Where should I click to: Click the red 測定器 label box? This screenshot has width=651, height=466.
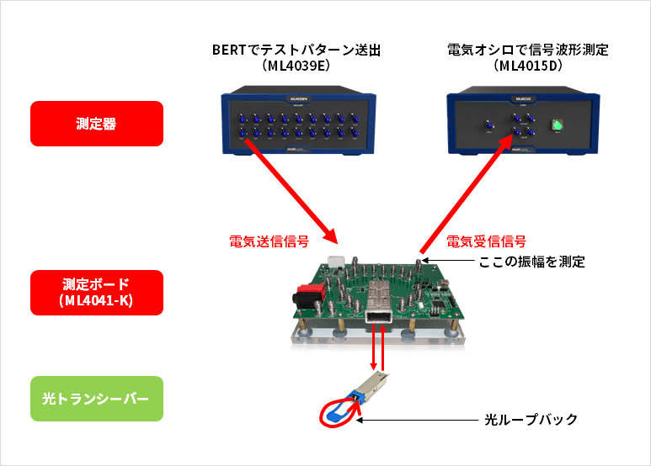coord(96,124)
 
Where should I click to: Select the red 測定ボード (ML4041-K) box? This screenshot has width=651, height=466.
coord(96,292)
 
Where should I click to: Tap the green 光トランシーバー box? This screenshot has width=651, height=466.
coord(96,398)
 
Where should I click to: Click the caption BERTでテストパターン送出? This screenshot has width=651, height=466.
coord(296,50)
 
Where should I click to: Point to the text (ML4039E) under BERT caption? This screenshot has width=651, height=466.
coord(296,66)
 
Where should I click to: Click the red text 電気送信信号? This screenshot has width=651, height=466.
coord(269,241)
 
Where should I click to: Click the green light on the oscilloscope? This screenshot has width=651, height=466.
coord(556,126)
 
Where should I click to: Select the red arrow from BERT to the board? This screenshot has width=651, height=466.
coord(291,189)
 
